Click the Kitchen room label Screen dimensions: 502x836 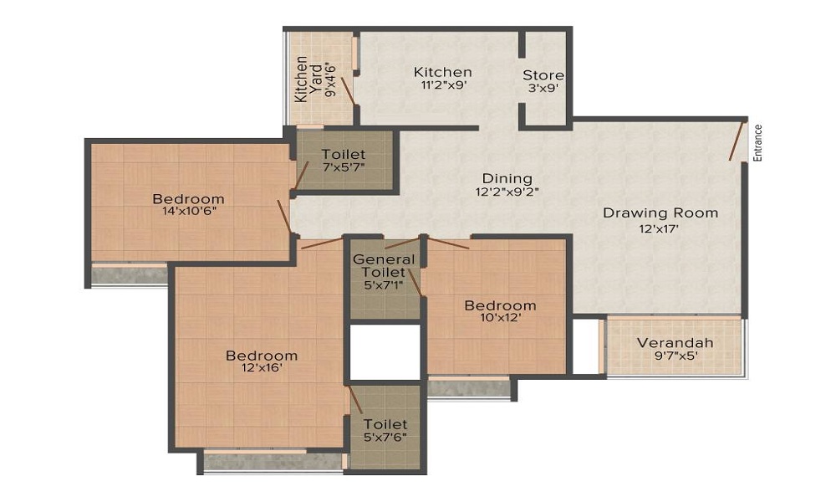pos(442,72)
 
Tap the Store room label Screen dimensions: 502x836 pos(543,75)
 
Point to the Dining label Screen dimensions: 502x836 pos(507,178)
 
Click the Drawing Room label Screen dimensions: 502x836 pos(660,213)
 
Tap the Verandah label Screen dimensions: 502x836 pos(675,342)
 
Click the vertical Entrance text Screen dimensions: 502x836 pos(758,142)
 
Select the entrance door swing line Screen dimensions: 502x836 pos(737,141)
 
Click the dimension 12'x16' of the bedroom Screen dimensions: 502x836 pos(262,370)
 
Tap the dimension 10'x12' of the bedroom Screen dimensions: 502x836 pos(500,319)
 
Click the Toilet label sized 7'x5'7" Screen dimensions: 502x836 pos(343,154)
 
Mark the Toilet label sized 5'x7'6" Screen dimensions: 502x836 pos(385,425)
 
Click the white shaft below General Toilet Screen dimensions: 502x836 pos(384,352)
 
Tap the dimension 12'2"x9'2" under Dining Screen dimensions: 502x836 pos(507,192)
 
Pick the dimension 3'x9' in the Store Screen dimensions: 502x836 pos(543,89)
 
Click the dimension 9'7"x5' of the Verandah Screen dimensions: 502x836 pos(675,356)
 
